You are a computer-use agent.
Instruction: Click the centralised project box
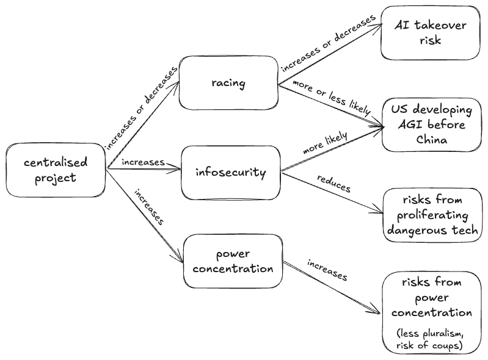point(56,170)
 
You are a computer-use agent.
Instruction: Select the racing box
point(228,83)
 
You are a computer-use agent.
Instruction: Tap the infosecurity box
point(231,173)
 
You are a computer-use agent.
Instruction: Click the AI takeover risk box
point(430,32)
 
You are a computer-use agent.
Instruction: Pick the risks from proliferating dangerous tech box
point(431,216)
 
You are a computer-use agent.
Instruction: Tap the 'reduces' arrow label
point(333,184)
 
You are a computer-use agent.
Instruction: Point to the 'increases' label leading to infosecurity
point(143,162)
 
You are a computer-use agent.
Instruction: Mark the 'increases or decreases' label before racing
point(141,107)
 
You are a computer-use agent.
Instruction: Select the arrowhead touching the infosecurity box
point(179,170)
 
